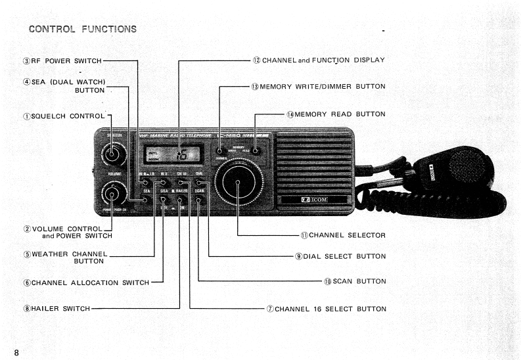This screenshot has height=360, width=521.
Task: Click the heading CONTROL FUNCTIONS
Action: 83,28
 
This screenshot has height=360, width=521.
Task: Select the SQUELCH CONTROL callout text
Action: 64,116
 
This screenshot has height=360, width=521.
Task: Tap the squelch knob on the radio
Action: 112,155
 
